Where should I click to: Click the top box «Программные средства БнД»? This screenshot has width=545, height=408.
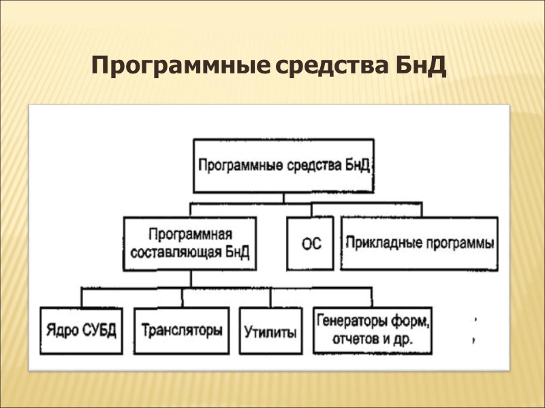click(x=284, y=166)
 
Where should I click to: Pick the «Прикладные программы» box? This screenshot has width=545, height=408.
click(x=419, y=243)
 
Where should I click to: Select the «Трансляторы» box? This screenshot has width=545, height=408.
click(x=182, y=331)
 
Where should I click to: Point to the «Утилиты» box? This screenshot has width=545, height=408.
click(x=270, y=332)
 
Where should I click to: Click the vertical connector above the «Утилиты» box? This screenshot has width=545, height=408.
click(x=270, y=297)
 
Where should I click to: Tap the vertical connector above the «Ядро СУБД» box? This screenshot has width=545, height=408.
click(x=82, y=297)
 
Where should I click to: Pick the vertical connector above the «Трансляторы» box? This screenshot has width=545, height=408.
click(x=182, y=297)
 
